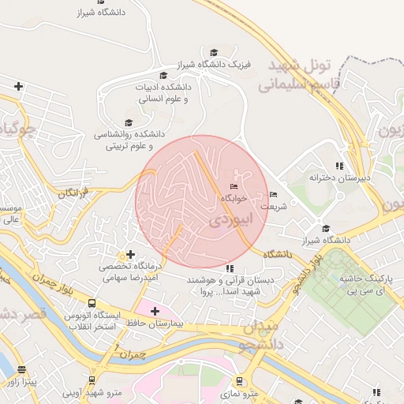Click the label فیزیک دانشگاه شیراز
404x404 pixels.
coord(184,63)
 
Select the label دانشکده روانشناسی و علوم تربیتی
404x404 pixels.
coord(129,140)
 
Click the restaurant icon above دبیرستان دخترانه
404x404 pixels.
coord(339,166)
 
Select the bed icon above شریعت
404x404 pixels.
coord(274,194)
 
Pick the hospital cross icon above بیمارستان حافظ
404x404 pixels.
coord(155,311)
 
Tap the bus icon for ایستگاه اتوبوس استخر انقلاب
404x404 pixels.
coord(92,303)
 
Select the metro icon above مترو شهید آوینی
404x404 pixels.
coord(92,380)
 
